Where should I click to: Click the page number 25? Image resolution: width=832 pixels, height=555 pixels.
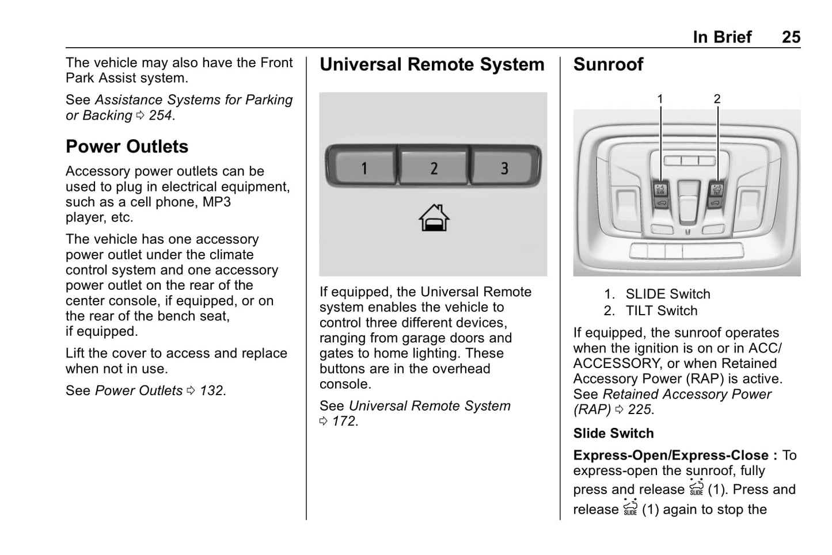791,37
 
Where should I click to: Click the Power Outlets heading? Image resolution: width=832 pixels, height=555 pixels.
127,147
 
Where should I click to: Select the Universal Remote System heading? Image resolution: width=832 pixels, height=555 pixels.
432,64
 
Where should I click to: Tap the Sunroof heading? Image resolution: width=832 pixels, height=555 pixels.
608,64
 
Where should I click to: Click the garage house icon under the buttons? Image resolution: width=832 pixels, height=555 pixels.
434,218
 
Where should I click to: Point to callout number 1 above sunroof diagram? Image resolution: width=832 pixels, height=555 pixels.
660,99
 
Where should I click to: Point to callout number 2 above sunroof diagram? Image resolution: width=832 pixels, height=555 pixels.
717,99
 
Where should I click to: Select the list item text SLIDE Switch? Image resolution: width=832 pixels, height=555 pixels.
667,294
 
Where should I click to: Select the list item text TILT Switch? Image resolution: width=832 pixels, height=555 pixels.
661,311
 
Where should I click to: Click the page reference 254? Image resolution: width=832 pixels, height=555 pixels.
160,115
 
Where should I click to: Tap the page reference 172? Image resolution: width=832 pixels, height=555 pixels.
344,421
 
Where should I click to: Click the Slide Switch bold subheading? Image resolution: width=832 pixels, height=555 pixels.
613,433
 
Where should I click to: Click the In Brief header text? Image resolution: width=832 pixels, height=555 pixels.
722,37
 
